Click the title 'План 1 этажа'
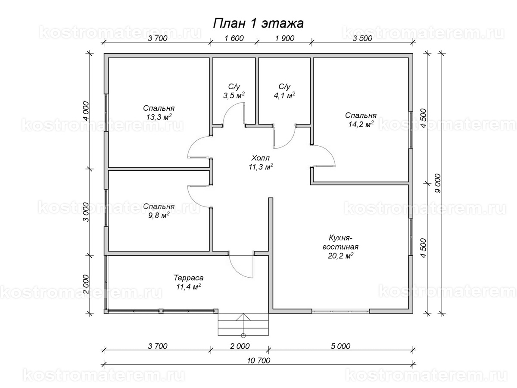[258, 23]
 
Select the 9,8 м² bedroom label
[159, 210]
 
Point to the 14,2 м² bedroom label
[361, 120]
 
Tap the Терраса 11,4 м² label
[189, 282]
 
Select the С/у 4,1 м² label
[284, 91]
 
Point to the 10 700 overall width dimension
[258, 360]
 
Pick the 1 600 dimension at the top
[234, 38]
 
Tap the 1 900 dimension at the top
[284, 38]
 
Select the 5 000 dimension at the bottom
[340, 346]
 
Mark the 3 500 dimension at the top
[362, 38]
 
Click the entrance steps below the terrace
[243, 325]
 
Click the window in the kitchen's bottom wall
[340, 311]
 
